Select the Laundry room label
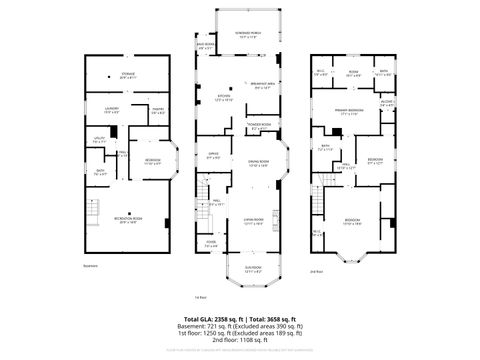111,112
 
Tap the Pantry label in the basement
157,113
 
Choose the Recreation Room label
128,222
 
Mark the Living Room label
252,220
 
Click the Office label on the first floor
214,156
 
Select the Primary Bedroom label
348,112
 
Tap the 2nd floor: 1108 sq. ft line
240,342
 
